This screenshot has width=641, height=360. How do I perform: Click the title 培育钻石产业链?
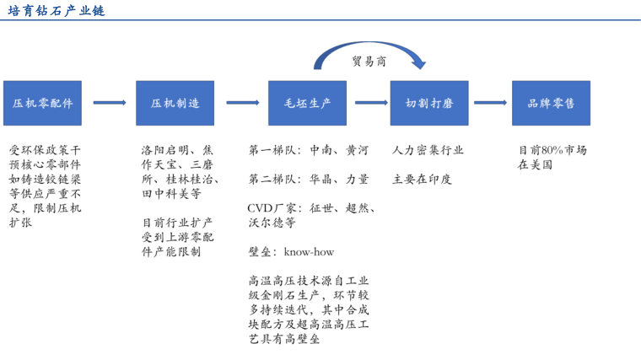(56, 11)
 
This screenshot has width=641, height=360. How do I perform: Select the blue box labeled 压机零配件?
(42, 103)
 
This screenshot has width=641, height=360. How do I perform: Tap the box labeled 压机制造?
(175, 103)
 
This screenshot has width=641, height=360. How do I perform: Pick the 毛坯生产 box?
(307, 103)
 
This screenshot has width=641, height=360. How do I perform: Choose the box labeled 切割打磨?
(429, 103)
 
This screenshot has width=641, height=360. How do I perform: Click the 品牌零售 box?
(551, 103)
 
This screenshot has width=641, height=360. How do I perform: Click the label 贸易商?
(369, 62)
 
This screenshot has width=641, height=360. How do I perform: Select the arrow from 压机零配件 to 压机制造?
(110, 103)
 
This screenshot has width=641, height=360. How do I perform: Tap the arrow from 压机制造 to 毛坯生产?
(243, 103)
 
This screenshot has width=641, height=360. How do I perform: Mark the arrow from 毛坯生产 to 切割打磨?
(371, 103)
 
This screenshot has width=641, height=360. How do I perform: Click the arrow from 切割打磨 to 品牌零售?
(490, 103)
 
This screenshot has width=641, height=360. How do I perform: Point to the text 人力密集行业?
(428, 150)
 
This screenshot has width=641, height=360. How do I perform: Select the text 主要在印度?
(422, 179)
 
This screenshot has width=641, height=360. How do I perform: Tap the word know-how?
(309, 252)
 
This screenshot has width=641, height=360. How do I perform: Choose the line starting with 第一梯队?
(309, 150)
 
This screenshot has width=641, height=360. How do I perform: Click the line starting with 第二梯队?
(309, 179)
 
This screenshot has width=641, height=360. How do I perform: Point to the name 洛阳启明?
(165, 150)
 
